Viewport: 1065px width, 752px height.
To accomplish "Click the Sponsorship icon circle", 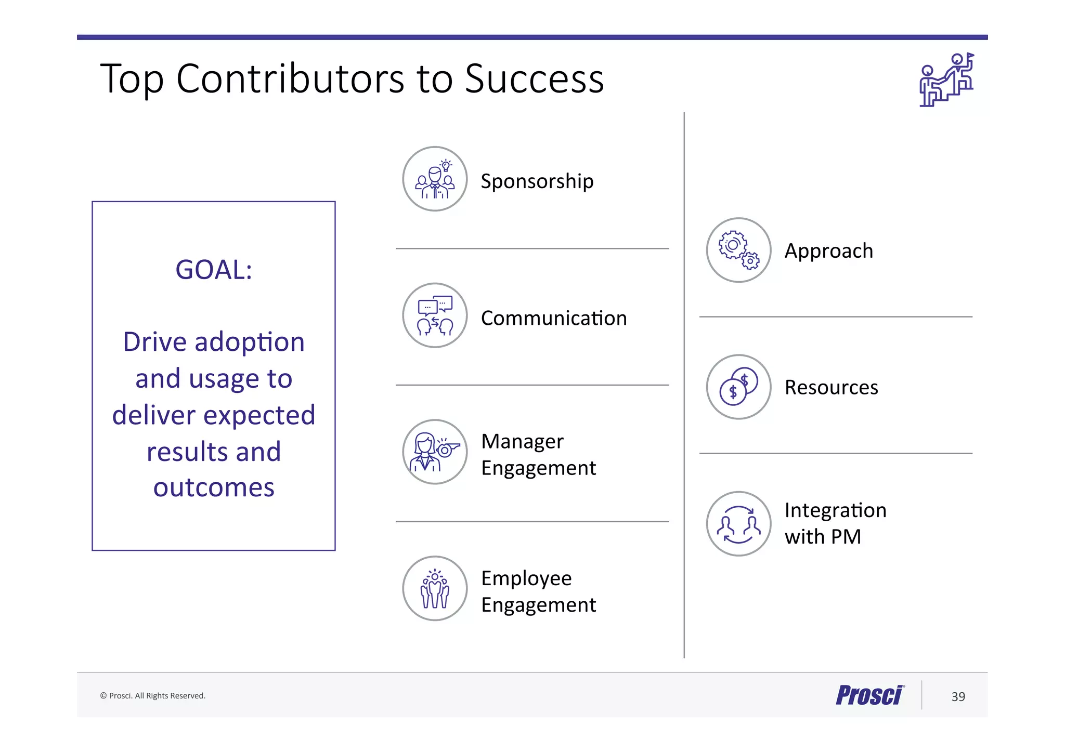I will click(435, 179).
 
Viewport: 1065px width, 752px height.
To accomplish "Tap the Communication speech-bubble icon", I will click(435, 315).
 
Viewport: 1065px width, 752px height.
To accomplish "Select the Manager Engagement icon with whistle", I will click(435, 452).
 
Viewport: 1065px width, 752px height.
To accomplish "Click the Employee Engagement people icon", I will click(435, 588).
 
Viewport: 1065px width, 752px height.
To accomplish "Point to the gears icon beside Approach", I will click(738, 250).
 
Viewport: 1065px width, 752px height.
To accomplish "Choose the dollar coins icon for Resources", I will click(738, 387).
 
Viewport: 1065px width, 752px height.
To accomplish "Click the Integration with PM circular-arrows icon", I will click(738, 523).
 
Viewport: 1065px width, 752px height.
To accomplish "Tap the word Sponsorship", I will click(537, 181).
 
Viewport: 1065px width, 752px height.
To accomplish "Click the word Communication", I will click(554, 318).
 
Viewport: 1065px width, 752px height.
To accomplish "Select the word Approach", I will click(828, 251).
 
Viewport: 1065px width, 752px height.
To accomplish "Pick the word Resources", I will click(831, 388).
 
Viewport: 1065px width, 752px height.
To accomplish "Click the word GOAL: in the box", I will click(214, 270).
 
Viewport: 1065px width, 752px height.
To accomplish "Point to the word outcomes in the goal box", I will click(214, 487).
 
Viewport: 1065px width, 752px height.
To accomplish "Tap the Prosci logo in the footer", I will click(869, 695).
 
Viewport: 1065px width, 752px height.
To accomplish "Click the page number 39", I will click(958, 696).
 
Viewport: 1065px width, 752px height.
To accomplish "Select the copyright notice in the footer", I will click(153, 696).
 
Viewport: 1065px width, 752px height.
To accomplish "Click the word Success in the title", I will click(534, 79).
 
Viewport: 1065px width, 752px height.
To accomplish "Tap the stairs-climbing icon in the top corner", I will click(946, 80).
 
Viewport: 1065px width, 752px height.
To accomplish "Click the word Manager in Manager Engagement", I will click(522, 442).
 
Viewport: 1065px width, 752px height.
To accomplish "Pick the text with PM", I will click(823, 537).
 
